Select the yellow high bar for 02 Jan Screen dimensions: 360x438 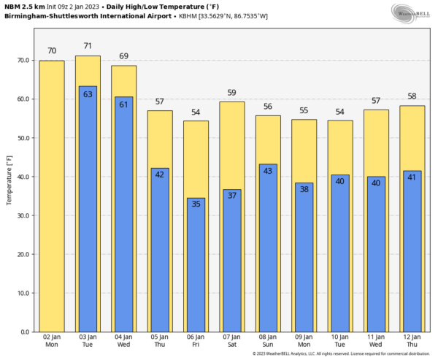tap(52, 197)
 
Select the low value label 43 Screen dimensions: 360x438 tap(268, 171)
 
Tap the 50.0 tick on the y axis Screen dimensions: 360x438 tap(23, 138)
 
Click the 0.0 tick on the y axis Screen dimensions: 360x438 tap(25, 332)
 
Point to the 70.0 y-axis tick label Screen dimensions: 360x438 tap(23, 61)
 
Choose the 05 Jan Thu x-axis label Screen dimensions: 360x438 tap(160, 340)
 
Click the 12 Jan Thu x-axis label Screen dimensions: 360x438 tap(412, 340)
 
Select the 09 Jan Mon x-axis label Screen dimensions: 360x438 tap(304, 340)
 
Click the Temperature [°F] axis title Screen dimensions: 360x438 tap(9, 178)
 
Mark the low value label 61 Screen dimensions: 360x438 tap(124, 104)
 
